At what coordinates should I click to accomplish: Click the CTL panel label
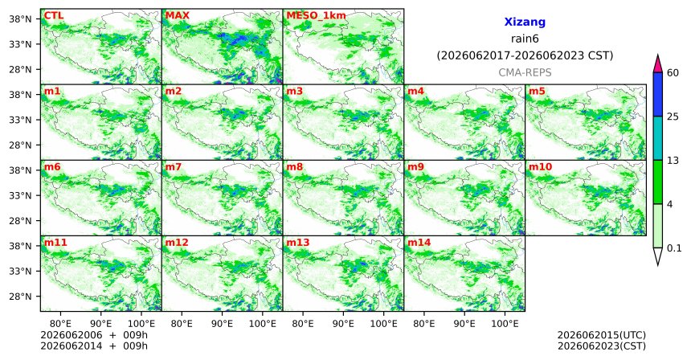point(53,15)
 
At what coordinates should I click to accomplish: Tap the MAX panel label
point(177,15)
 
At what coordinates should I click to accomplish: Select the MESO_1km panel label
point(316,16)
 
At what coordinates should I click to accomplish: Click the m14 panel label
point(419,243)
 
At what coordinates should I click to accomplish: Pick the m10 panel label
point(540,167)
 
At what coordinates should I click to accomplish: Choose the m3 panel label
point(294,92)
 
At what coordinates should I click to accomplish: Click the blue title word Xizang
point(525,22)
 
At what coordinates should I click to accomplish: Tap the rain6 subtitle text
point(525,39)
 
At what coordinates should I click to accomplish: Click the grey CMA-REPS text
point(525,72)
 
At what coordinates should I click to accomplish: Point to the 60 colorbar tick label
point(673,73)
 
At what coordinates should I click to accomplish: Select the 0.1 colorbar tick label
point(674,248)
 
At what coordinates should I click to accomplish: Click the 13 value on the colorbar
point(673,161)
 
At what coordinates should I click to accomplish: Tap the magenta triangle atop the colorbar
point(658,64)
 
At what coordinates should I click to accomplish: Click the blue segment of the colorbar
point(658,94)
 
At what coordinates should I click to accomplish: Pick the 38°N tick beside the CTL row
point(20,19)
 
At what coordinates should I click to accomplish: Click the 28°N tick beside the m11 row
point(20,297)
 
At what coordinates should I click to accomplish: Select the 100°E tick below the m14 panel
point(505,324)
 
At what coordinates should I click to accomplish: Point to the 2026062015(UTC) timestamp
point(602,336)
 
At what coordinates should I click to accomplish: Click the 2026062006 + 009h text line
point(94,336)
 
